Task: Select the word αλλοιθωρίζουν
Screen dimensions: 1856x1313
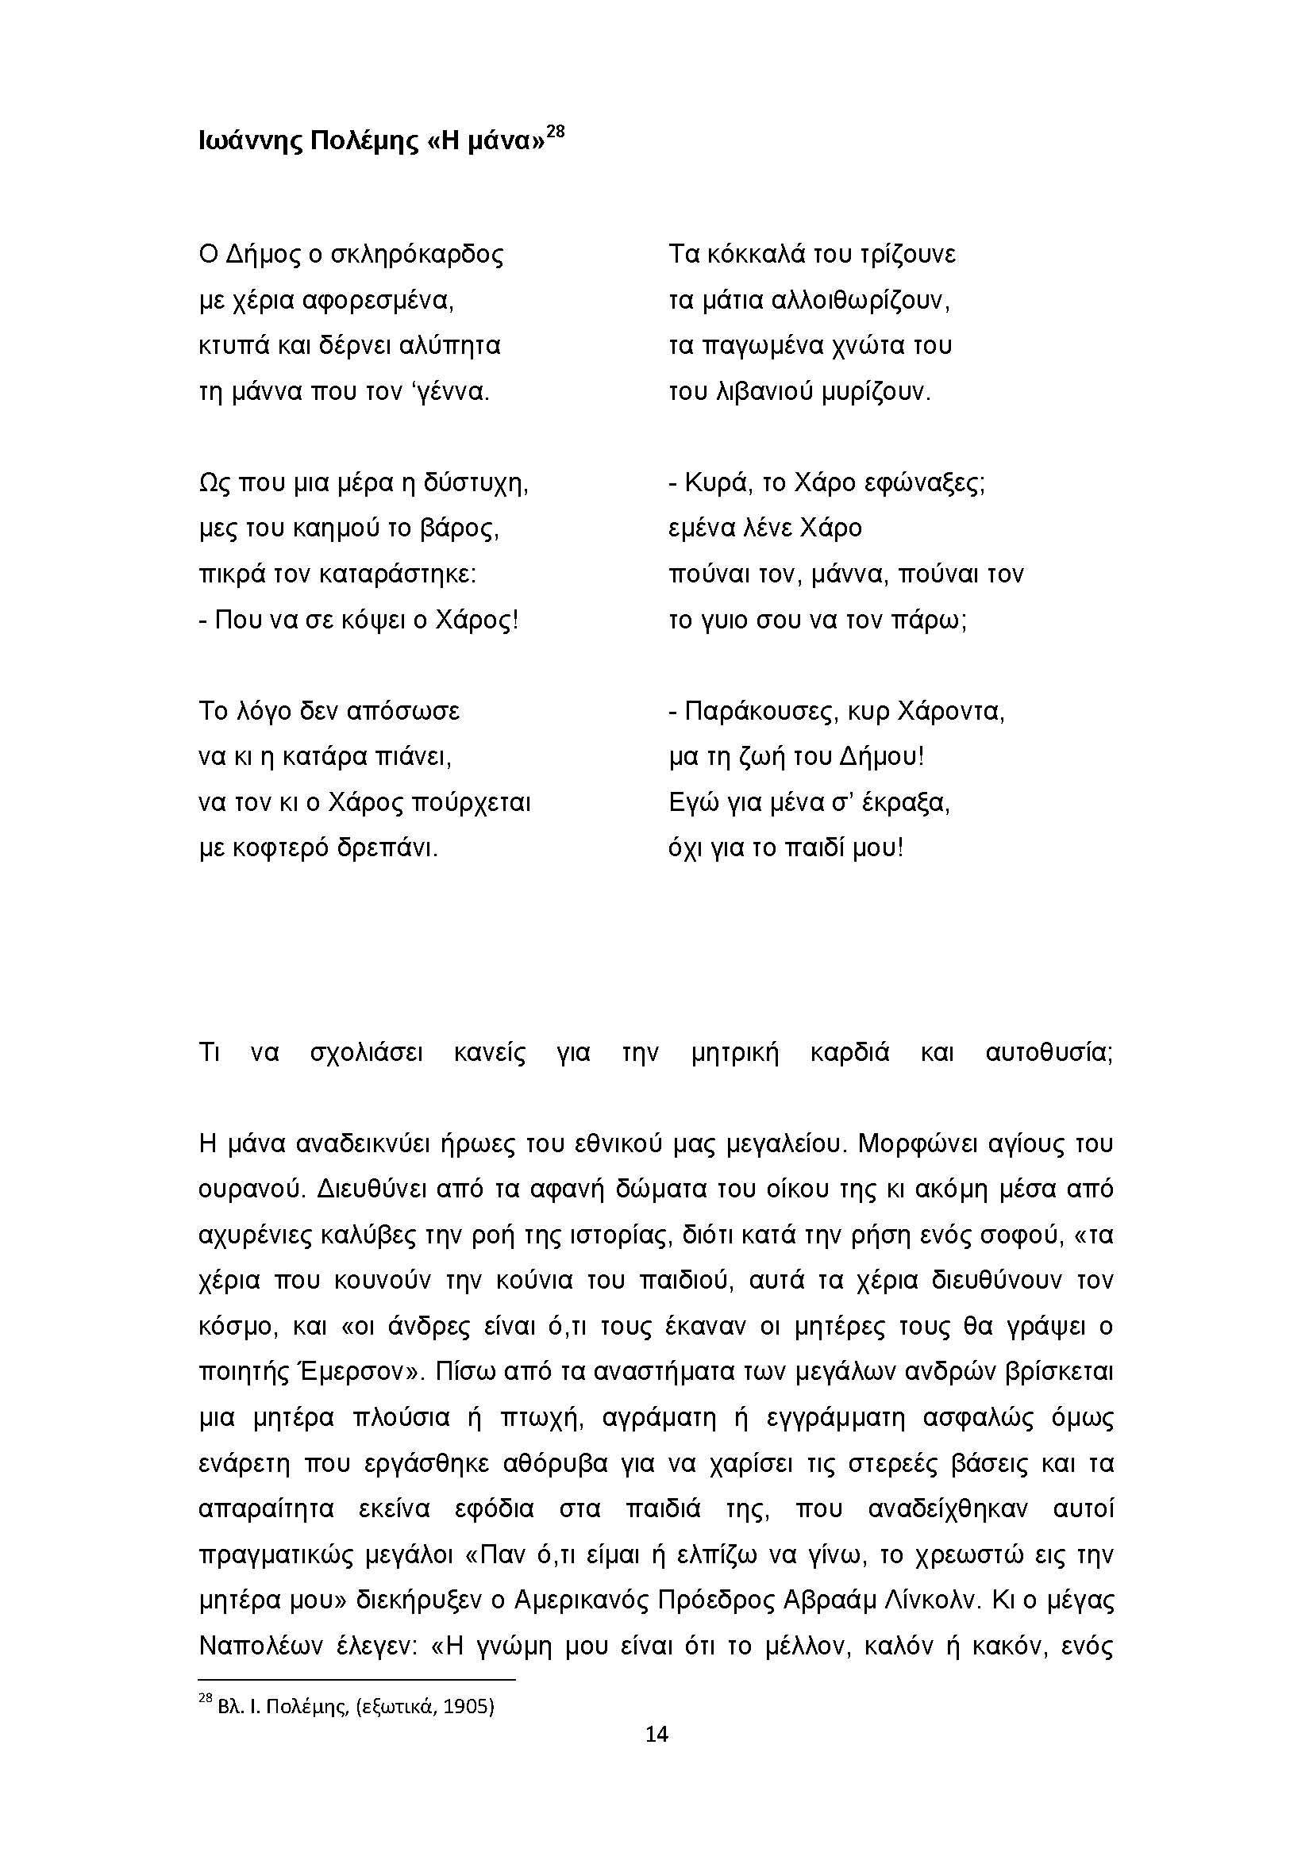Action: click(x=861, y=301)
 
